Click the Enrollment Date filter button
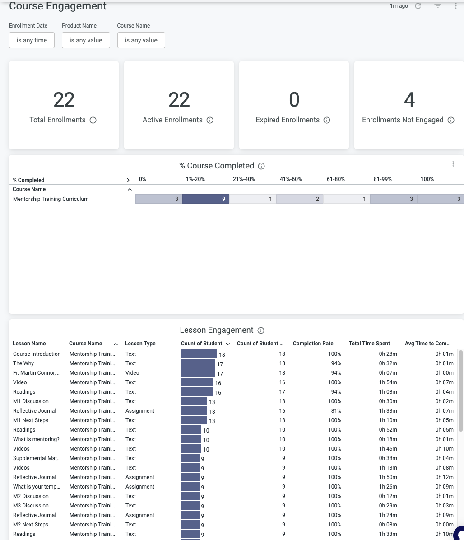(32, 40)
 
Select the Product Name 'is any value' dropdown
(86, 40)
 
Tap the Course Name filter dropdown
(141, 40)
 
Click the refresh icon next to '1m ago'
(418, 6)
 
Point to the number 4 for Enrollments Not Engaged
(409, 100)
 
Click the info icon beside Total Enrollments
(93, 120)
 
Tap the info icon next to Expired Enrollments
(327, 120)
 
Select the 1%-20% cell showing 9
(206, 199)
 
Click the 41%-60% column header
(291, 179)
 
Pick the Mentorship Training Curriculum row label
(51, 199)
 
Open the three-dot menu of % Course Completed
(453, 164)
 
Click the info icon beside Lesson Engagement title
(260, 331)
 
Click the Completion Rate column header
(313, 344)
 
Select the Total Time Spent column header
(369, 344)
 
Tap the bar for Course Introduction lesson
(199, 354)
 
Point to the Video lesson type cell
(132, 373)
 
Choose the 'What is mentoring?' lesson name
(36, 439)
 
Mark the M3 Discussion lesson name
(31, 506)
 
